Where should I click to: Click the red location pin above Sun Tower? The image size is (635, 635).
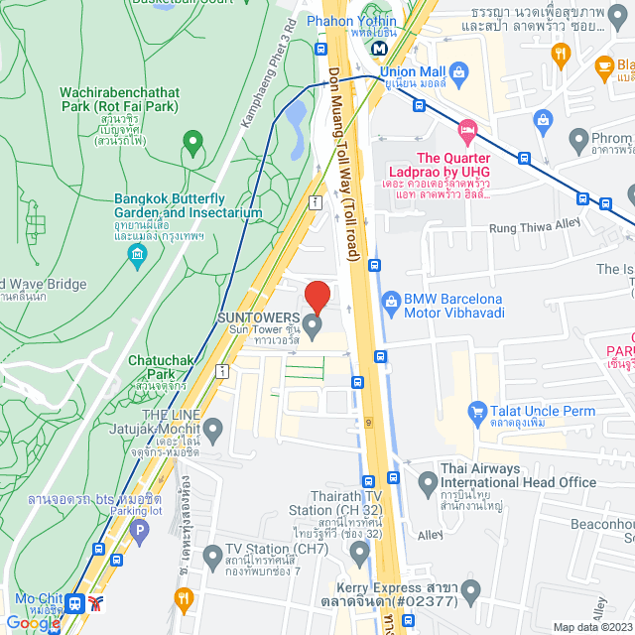click(317, 297)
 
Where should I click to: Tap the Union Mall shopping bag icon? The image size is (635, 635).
click(458, 71)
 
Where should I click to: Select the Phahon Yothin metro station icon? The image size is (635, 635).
click(379, 48)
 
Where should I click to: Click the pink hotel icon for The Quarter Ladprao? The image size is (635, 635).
click(467, 131)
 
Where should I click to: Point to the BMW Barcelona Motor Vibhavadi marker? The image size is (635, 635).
click(392, 299)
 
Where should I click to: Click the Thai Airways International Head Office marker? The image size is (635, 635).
click(429, 484)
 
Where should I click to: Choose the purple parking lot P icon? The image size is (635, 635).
click(140, 533)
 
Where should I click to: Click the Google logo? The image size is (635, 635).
click(33, 622)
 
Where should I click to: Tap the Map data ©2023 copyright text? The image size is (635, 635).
click(591, 627)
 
